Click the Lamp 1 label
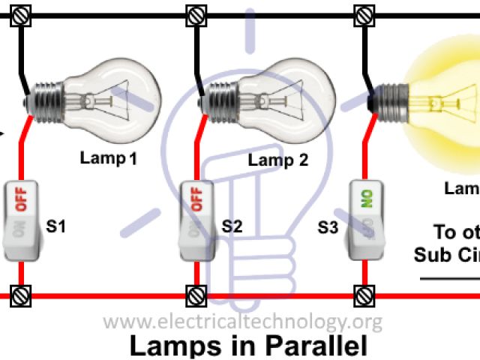109,158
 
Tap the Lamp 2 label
278,160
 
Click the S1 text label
56,225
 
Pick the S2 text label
232,225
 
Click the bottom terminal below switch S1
20,295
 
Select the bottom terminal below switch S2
195,295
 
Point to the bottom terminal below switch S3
364,295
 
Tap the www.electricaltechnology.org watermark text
242,323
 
